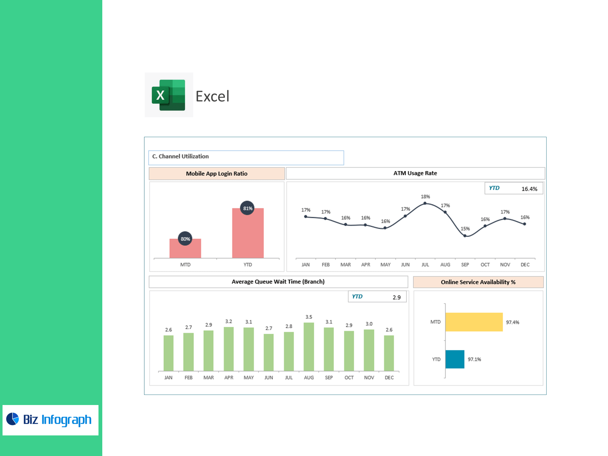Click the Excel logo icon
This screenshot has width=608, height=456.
[168, 95]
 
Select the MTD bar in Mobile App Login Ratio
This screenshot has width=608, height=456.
[185, 248]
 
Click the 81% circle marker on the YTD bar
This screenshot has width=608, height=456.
[247, 208]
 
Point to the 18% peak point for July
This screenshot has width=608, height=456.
[425, 203]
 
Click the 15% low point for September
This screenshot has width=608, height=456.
[465, 236]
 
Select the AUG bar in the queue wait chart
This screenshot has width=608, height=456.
[309, 347]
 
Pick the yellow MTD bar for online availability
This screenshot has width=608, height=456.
[474, 322]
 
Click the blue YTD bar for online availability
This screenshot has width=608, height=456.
[455, 359]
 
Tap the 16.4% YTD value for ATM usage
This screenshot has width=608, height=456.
[529, 189]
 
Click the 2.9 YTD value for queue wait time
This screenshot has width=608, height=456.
[396, 297]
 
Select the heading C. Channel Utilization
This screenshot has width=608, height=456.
[180, 156]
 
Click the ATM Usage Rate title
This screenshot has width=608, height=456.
[415, 173]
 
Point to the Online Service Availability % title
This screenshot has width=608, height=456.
[478, 282]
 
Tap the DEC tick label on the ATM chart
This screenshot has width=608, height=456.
[525, 265]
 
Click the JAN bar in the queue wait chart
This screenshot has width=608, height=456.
[168, 353]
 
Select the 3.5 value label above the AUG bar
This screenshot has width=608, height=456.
[309, 317]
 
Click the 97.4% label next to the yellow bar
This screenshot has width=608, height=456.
[512, 322]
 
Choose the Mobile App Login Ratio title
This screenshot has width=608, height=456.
[217, 174]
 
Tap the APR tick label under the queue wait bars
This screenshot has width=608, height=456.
[229, 377]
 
